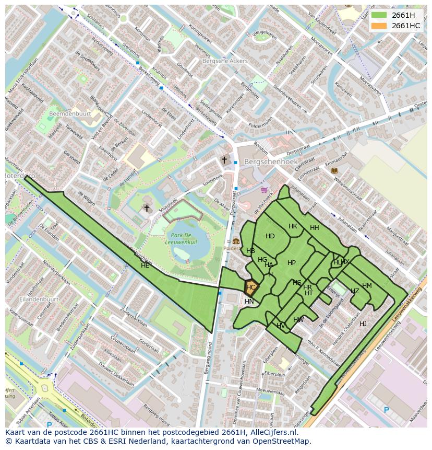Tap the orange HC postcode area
[x=251, y=287]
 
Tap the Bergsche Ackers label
[x=225, y=61]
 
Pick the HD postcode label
[x=270, y=236]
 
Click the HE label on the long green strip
[x=145, y=266]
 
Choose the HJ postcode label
[x=363, y=324]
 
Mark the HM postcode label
[x=367, y=286]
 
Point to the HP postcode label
[x=292, y=263]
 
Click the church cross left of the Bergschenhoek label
[x=224, y=160]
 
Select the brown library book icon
[x=334, y=171]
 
